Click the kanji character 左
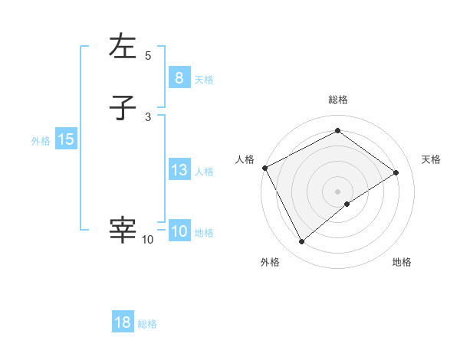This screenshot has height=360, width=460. [x=123, y=47]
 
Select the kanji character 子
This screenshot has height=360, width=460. [x=123, y=109]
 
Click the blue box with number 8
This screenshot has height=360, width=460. [x=179, y=77]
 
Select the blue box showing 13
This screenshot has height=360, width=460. [x=179, y=170]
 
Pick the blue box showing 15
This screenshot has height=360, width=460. [x=65, y=139]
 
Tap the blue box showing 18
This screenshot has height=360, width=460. [x=123, y=322]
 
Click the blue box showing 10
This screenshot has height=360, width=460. [x=179, y=231]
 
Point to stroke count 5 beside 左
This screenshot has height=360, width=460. [x=148, y=55]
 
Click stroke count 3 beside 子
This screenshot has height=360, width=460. [x=148, y=116]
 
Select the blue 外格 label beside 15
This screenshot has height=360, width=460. [x=41, y=141]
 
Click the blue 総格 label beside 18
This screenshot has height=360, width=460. [x=147, y=324]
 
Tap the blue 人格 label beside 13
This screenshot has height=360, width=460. [x=204, y=172]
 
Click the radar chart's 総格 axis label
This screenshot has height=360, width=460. [x=337, y=100]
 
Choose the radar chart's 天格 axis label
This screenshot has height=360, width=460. [x=431, y=159]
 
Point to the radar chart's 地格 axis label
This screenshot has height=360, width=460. [x=402, y=262]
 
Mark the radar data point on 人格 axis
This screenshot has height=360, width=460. [x=264, y=168]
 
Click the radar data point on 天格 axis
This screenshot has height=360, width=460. [x=396, y=172]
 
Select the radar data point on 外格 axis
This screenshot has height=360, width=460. [x=301, y=242]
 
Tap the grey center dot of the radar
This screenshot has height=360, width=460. [x=337, y=191]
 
